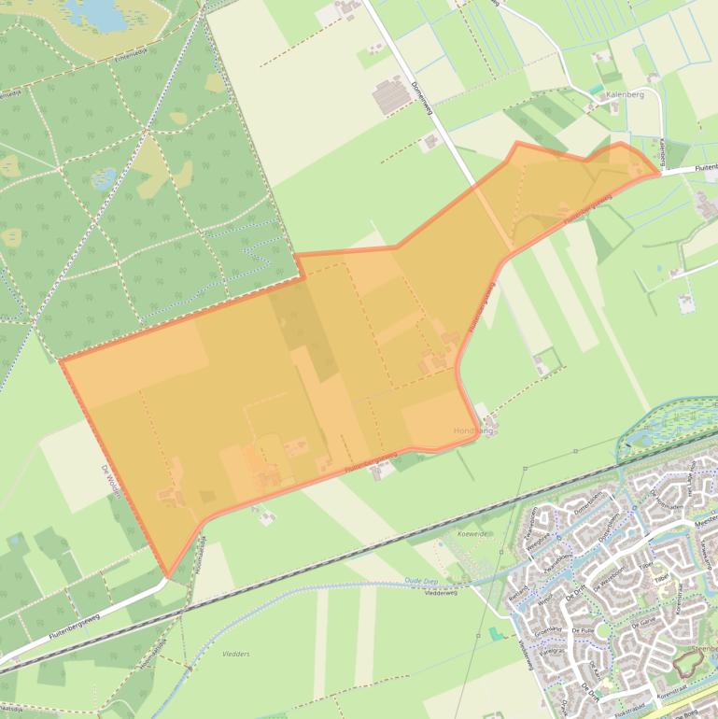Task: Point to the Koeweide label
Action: (472, 533)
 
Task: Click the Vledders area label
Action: (236, 654)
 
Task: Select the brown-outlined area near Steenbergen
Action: (688, 662)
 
